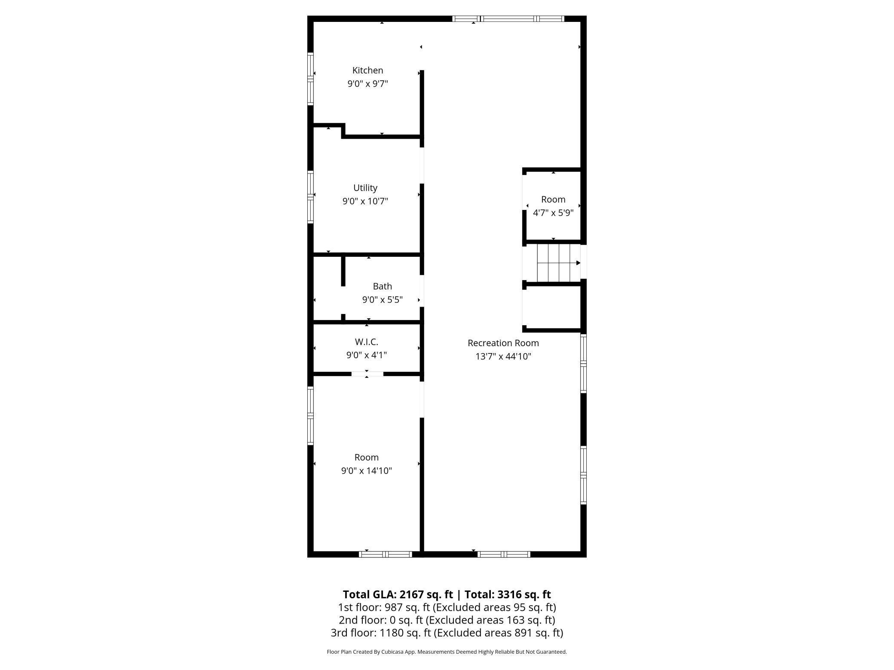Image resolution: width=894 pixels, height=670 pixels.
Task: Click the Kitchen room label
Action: [367, 70]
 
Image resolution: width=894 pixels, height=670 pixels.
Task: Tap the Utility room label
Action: [365, 188]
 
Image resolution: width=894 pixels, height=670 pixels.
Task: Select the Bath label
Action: [382, 286]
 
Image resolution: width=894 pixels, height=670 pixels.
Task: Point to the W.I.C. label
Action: [367, 342]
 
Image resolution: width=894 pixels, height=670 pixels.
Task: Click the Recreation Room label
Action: [503, 343]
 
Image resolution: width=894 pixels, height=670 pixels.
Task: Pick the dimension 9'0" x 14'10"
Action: [367, 471]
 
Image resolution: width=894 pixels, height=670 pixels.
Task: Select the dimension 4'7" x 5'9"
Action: [553, 213]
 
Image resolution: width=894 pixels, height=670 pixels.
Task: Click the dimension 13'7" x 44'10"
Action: [503, 356]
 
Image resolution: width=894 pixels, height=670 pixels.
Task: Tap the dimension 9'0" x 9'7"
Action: [367, 84]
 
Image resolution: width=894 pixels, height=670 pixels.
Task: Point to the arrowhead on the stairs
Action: [578, 263]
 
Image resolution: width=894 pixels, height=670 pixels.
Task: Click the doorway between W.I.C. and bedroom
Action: [367, 374]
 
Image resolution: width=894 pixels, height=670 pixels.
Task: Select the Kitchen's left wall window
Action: [310, 79]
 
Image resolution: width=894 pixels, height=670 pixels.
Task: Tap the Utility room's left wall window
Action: [310, 197]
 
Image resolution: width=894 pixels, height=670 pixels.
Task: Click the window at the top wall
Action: [508, 18]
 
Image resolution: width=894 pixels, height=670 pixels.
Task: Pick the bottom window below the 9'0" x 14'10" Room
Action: [386, 554]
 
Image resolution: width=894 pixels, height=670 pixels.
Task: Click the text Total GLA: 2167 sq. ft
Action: [398, 594]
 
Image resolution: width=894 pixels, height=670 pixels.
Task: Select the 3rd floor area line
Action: [447, 633]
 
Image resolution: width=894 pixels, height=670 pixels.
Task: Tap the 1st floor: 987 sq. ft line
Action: [447, 607]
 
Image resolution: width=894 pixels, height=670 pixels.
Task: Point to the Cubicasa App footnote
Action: [447, 652]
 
